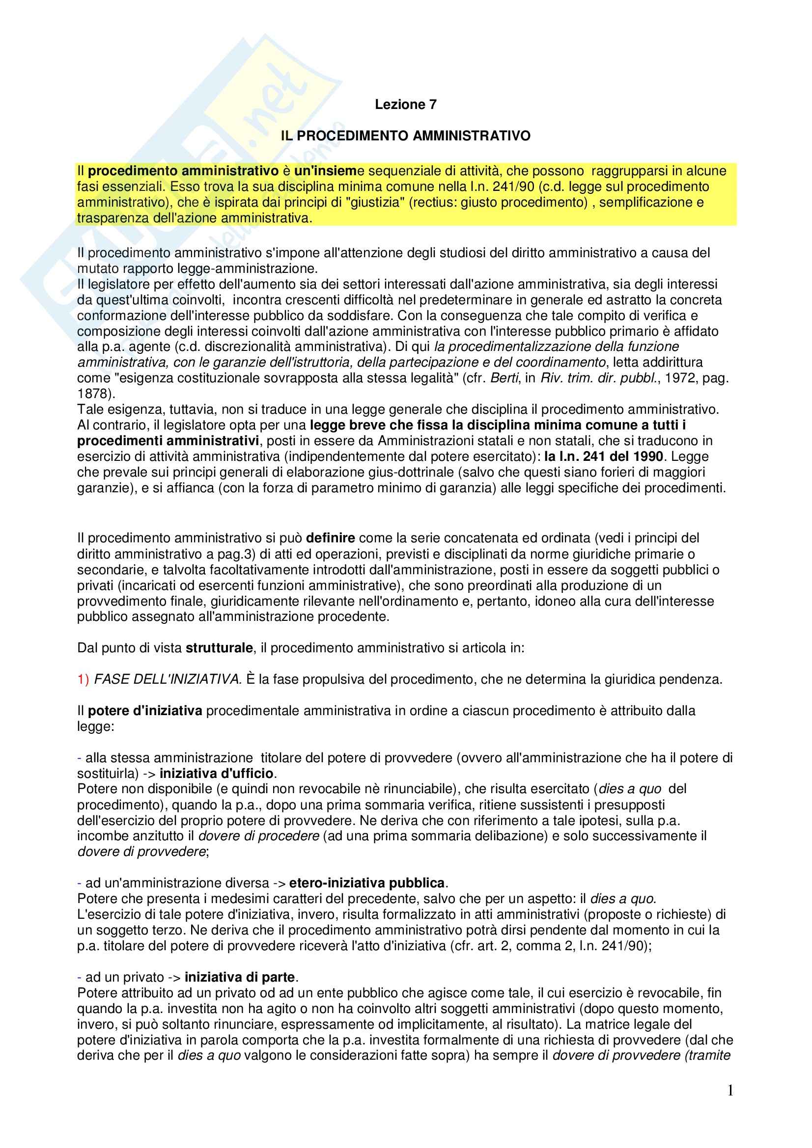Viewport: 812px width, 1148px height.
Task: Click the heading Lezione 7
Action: coord(405,105)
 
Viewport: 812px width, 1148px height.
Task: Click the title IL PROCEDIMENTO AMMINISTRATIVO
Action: coord(405,136)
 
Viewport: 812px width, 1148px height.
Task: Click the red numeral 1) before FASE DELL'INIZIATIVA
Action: coord(83,679)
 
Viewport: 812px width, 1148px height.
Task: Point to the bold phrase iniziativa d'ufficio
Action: coord(217,774)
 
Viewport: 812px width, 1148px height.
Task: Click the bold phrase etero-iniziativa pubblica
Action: coord(367,883)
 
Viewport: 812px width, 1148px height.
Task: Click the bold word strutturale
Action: coord(219,648)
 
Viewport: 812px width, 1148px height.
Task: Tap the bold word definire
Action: coord(330,538)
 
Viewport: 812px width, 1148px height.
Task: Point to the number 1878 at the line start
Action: coord(92,394)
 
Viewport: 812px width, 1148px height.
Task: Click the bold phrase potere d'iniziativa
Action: coord(145,711)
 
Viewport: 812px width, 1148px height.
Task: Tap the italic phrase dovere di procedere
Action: coord(259,836)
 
